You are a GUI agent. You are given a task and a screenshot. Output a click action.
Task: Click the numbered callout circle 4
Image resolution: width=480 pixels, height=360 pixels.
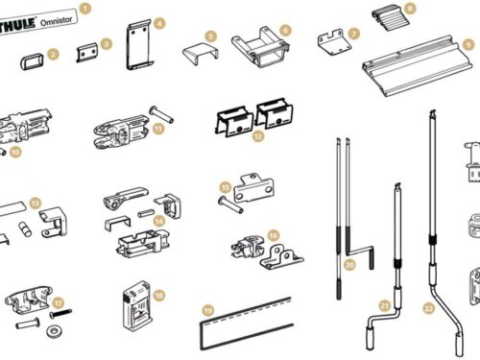click(x=159, y=23)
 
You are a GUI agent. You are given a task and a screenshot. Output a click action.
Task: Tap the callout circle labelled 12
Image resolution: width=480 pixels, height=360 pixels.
click(x=258, y=136)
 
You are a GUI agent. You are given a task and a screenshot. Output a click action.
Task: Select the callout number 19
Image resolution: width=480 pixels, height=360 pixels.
click(x=208, y=310)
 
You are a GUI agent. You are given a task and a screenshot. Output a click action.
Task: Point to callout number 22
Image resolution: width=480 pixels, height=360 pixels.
click(x=428, y=308)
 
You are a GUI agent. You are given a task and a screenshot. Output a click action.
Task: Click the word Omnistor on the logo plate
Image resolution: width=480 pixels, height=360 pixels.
click(x=57, y=21)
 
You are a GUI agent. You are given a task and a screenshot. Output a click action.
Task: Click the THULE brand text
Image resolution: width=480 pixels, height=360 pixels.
click(x=17, y=26)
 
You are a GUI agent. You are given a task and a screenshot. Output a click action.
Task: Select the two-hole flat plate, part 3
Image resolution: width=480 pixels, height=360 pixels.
click(x=87, y=52)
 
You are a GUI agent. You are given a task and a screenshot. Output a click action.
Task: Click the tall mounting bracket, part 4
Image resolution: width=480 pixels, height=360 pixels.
click(x=139, y=45)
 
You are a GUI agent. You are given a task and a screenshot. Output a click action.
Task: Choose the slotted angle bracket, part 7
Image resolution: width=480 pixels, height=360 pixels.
click(x=333, y=42)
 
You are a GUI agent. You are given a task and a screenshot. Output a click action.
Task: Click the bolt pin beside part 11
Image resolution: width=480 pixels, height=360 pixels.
click(x=161, y=115)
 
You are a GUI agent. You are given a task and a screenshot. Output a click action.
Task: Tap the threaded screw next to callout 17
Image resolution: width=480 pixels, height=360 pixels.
click(x=60, y=313)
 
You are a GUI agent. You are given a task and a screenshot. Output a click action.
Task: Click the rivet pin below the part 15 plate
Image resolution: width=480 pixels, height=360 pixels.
click(x=230, y=205)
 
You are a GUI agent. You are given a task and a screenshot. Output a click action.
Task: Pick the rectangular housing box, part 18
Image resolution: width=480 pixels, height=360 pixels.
click(x=136, y=305)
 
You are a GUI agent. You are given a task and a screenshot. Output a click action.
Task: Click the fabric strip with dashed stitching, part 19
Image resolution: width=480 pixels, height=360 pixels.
click(x=247, y=324)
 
